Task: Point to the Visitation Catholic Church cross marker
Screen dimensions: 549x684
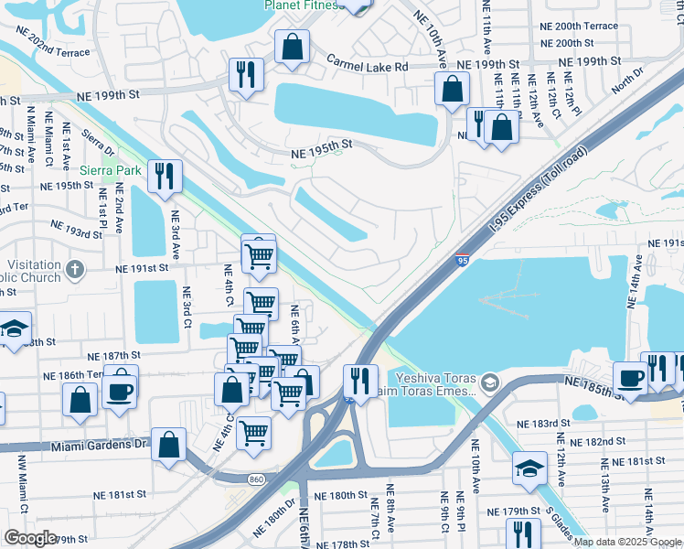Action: coord(75,269)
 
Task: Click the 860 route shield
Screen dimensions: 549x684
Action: coord(256,479)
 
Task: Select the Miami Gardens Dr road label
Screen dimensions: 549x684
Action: coord(92,445)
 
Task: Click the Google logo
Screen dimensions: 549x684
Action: coord(30,538)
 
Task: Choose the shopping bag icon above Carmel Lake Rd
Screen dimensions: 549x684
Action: coord(292,47)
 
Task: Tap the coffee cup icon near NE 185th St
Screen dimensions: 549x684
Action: coord(630,377)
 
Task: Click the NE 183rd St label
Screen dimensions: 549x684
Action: coord(543,425)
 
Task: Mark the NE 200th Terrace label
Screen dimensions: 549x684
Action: coord(561,27)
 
